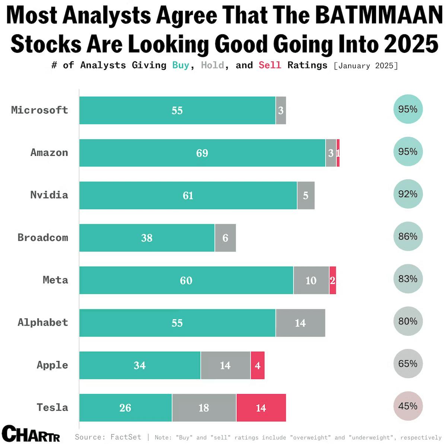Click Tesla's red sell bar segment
pos(261,408)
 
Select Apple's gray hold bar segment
pos(225,365)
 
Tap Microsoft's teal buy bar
pos(177,110)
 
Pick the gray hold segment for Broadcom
pos(225,238)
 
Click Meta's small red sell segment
pos(332,280)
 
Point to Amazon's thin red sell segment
pos(338,153)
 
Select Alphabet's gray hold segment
pos(300,323)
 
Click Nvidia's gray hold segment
pos(306,195)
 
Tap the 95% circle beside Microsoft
pos(408,109)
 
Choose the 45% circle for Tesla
pos(408,406)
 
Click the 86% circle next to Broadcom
pos(408,236)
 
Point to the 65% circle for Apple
pos(408,363)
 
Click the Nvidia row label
pos(49,195)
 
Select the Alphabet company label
pos(43,322)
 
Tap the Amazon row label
pos(49,152)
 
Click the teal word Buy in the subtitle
pos(181,65)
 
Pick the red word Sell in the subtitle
pos(270,65)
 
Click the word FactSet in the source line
pos(126,437)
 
